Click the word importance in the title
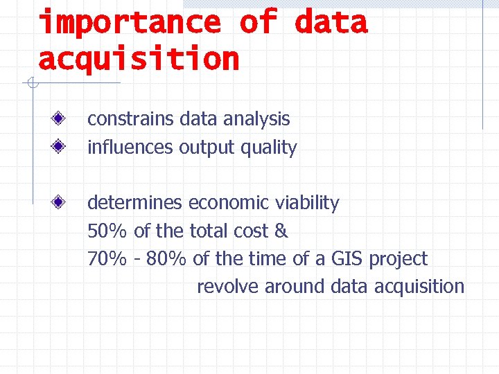coord(130,22)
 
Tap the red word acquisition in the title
coord(139,59)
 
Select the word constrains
coord(130,119)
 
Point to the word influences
coord(130,148)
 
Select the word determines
coord(134,203)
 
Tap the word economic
coord(229,203)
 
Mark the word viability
coord(307,203)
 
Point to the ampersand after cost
coord(281,231)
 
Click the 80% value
coord(167,259)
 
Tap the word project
coord(399,260)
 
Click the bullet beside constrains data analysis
coord(60,119)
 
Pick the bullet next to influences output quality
coord(60,147)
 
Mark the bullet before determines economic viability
coord(60,202)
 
